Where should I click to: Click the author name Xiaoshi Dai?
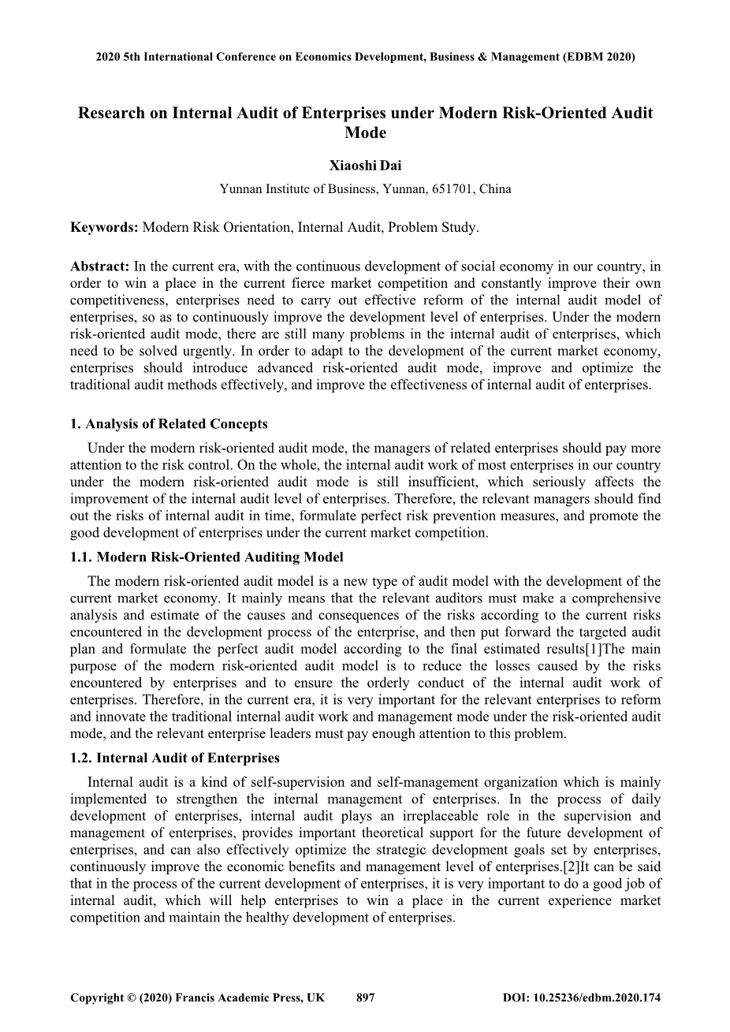pyautogui.click(x=365, y=166)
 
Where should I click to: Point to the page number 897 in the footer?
pyautogui.click(x=366, y=997)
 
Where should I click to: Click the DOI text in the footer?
pyautogui.click(x=581, y=997)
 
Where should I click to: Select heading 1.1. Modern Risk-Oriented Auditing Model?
pyautogui.click(x=207, y=557)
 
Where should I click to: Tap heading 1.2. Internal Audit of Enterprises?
pyautogui.click(x=175, y=758)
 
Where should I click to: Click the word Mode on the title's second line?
pyautogui.click(x=365, y=132)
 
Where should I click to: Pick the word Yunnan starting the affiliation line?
pyautogui.click(x=240, y=189)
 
